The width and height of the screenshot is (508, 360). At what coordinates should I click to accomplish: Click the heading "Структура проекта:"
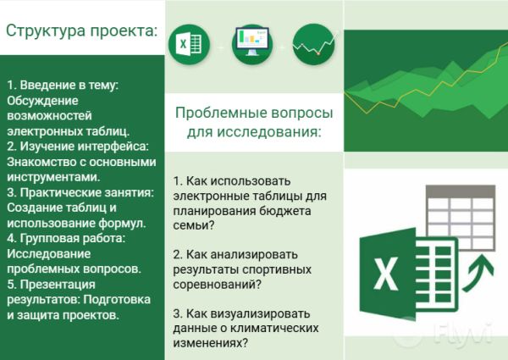tap(81, 30)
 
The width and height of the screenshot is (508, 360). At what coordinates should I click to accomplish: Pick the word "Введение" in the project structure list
tap(47, 86)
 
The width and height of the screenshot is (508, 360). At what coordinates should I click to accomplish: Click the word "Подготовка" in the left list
tap(119, 299)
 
